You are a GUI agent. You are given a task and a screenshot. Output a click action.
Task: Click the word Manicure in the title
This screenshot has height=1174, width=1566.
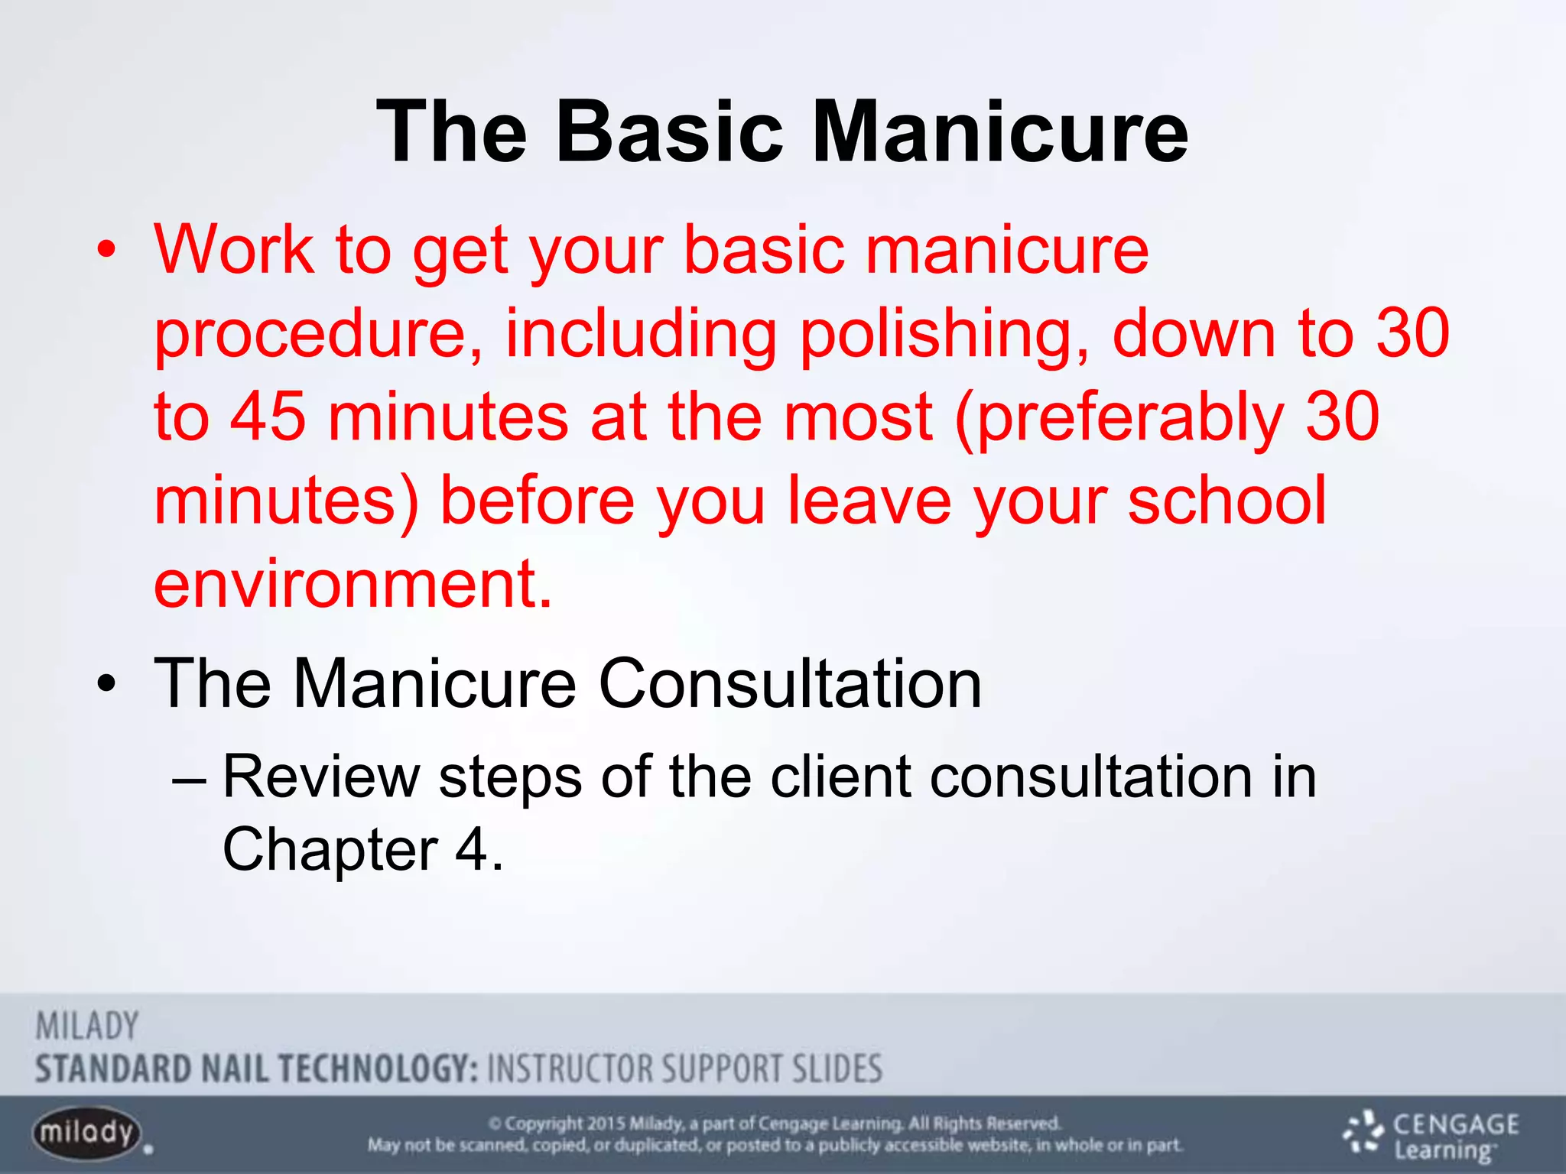tap(999, 132)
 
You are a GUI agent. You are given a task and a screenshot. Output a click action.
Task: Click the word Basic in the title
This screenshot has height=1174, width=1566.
tap(670, 132)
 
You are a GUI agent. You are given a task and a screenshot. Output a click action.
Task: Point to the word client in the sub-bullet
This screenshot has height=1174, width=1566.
tap(841, 777)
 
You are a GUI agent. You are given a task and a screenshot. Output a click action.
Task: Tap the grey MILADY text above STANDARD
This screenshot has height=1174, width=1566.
tap(87, 1026)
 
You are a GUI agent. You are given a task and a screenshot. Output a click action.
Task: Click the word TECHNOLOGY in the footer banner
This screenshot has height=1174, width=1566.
tap(379, 1069)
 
